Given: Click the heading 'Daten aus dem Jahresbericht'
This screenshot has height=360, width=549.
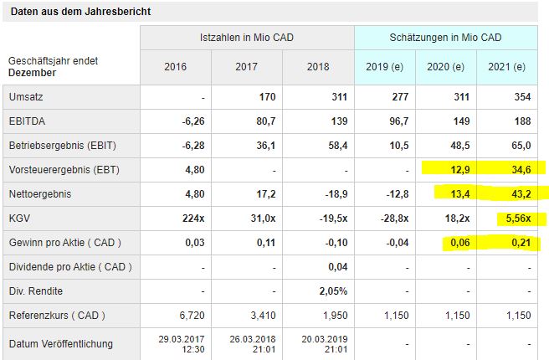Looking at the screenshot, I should pyautogui.click(x=81, y=12).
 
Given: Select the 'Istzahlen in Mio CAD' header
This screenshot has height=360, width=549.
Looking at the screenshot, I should pyautogui.click(x=246, y=39).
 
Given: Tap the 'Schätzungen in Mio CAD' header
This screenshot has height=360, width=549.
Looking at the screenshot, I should pyautogui.click(x=445, y=39).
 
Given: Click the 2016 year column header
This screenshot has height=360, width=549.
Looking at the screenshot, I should pyautogui.click(x=176, y=67).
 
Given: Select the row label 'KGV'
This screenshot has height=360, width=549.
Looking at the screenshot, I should pyautogui.click(x=19, y=219).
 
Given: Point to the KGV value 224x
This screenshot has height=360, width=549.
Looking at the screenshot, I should pyautogui.click(x=192, y=219).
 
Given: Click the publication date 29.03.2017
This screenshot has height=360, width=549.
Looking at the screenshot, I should pyautogui.click(x=182, y=338).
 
